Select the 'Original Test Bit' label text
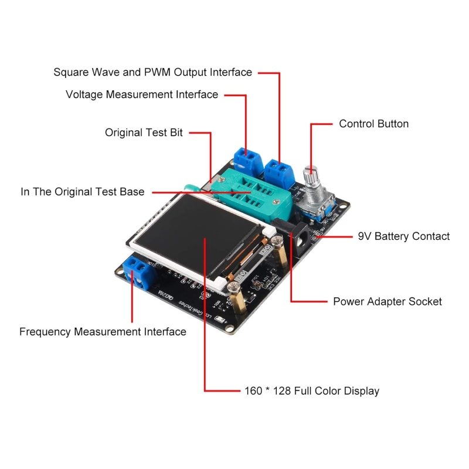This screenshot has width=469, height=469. (x=144, y=132)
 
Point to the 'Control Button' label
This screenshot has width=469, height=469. (x=373, y=124)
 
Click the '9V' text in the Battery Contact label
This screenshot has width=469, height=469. (x=365, y=236)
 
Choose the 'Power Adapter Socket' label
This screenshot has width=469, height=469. (x=387, y=301)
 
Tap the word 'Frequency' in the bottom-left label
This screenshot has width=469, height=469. (x=44, y=332)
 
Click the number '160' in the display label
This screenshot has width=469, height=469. (x=253, y=391)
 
